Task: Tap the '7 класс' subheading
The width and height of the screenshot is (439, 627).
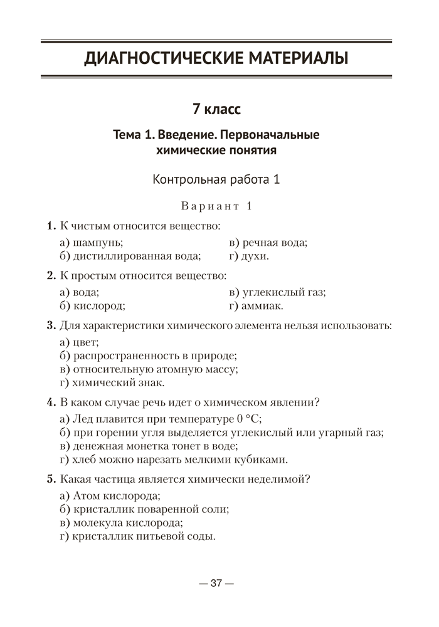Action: [216, 108]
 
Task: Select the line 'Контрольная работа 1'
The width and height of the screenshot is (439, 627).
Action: [216, 180]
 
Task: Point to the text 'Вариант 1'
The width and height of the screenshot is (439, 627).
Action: [216, 206]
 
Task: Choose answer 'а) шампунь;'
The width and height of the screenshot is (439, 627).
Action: [91, 242]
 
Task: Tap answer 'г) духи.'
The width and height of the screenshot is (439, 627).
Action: [249, 256]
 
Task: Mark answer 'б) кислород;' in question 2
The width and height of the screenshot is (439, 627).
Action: [92, 306]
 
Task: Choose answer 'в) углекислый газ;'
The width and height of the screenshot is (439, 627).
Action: [277, 292]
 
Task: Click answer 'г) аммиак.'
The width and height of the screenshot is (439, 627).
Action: [256, 306]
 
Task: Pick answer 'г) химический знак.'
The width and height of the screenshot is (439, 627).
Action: [116, 382]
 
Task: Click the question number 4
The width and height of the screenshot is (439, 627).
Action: [50, 402]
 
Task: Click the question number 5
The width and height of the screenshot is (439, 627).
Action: [50, 479]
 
